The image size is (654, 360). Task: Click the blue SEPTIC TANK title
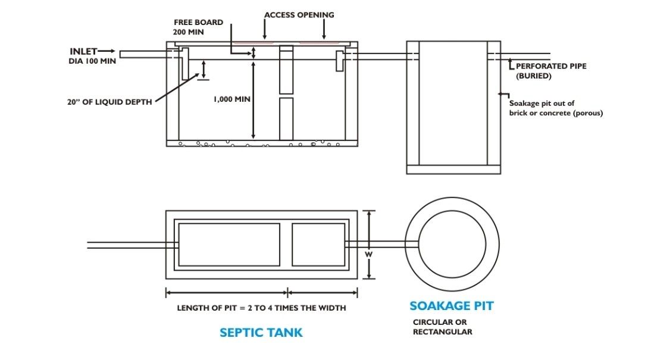coord(261,333)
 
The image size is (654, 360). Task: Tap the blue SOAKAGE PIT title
coord(451,306)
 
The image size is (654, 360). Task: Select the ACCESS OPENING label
coord(299,15)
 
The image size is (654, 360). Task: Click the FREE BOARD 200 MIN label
coord(198,27)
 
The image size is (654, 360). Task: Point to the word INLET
coord(83,51)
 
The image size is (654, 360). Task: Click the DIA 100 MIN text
coord(92,61)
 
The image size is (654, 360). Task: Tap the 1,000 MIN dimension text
coord(232,99)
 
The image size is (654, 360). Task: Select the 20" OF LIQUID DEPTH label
coord(109,102)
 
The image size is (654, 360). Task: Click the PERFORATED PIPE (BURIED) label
coord(551,71)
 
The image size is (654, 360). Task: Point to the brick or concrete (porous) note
coord(556,113)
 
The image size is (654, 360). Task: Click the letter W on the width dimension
coord(369,254)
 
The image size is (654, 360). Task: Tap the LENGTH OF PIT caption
coord(261,308)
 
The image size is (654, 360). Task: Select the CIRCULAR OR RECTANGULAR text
coord(443,327)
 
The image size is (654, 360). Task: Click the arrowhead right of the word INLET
coord(112,51)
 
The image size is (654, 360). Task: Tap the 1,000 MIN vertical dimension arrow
coord(253,100)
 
